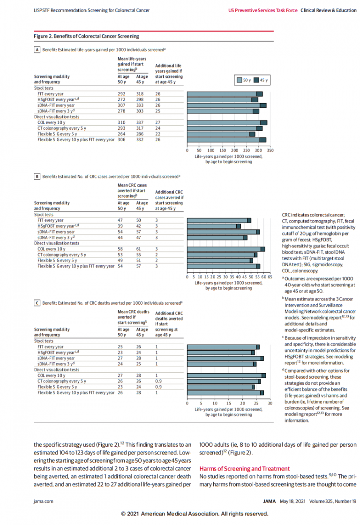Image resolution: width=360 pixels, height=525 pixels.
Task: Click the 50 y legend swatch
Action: [x=239, y=80]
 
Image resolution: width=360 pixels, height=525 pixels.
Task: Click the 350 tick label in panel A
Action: [x=270, y=150]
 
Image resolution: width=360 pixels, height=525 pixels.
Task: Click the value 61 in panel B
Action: [x=139, y=249]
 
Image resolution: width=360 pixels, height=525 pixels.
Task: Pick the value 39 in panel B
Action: [x=120, y=226]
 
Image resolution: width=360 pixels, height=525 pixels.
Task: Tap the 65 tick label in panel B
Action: [x=270, y=277]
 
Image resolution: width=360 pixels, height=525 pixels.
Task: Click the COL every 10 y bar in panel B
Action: [x=225, y=249]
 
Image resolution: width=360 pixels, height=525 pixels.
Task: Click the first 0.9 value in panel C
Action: [x=158, y=381]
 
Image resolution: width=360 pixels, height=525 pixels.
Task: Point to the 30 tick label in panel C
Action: [x=270, y=403]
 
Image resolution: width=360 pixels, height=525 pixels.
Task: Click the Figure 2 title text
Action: [x=86, y=36]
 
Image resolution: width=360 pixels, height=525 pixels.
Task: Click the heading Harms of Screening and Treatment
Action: [x=245, y=468]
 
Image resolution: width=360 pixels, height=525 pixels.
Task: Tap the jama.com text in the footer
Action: [x=43, y=501]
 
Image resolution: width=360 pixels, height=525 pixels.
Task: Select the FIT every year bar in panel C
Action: [x=223, y=347]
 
